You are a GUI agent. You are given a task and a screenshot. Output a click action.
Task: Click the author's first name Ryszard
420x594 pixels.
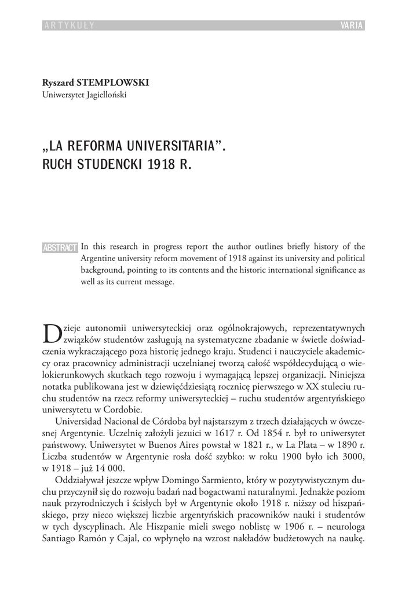pos(55,83)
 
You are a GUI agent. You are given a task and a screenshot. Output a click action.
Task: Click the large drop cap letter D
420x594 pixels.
pos(52,333)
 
